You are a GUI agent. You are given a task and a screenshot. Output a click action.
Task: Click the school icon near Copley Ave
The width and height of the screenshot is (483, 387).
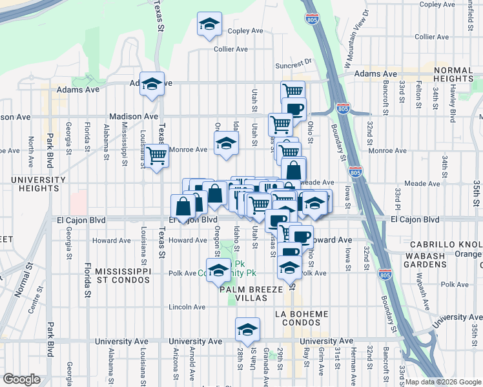click(x=209, y=25)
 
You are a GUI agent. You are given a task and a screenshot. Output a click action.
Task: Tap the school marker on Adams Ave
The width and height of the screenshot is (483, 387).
click(x=152, y=84)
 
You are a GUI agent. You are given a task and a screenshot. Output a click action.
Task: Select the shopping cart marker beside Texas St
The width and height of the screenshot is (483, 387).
click(x=157, y=155)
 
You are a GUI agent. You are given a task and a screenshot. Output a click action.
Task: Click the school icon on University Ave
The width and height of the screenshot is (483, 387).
click(x=247, y=330)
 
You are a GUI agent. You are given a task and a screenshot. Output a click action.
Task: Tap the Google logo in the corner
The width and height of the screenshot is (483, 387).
click(x=21, y=379)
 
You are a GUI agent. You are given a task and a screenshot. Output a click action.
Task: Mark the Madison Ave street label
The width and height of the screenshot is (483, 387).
click(x=134, y=116)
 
